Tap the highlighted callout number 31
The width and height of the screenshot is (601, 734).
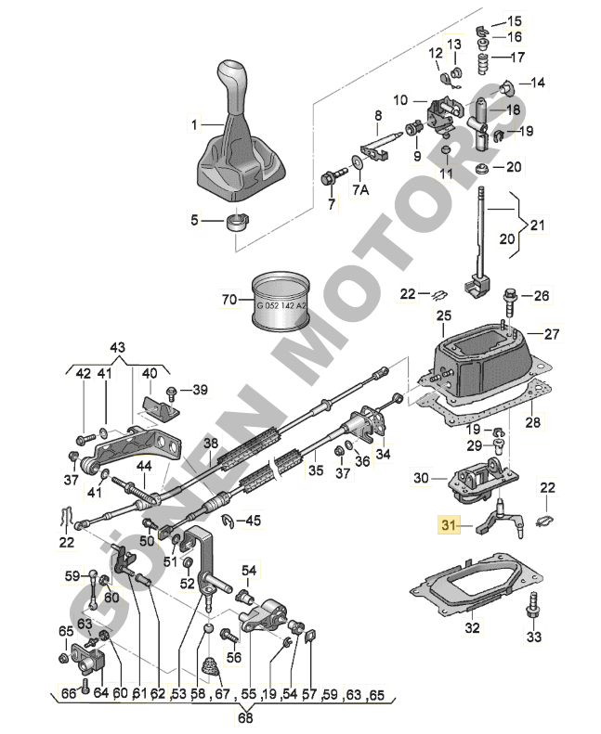[450, 525]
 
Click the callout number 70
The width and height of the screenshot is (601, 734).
[229, 299]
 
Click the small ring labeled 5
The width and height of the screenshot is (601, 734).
[238, 222]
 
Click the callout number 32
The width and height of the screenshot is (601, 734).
[473, 627]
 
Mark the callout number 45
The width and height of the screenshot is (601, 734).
[254, 521]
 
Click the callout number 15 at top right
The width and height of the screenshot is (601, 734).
[513, 20]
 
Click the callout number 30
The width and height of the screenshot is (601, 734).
[420, 478]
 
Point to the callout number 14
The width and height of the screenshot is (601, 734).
[538, 83]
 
